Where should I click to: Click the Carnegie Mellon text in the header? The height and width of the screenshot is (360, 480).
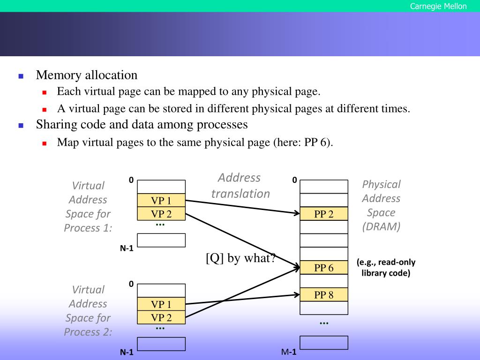438,6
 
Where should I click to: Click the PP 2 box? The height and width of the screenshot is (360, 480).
324,214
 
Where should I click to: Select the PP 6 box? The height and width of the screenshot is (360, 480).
324,268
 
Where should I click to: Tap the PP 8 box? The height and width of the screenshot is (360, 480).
324,295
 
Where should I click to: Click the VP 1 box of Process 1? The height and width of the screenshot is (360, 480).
161,201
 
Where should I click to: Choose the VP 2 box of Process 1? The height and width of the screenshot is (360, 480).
161,214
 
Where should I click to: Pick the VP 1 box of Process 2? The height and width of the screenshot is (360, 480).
161,304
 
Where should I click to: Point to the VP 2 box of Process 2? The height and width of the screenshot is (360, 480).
161,317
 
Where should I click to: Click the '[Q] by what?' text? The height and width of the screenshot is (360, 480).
240,258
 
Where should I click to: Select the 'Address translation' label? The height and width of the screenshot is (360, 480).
240,186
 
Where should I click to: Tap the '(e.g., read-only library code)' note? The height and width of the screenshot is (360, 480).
386,268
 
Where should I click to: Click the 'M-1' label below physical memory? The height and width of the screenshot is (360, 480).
289,352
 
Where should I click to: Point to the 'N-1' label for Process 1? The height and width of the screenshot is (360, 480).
127,248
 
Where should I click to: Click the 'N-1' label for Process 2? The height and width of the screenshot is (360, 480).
127,352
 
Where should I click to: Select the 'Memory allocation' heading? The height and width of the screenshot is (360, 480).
87,75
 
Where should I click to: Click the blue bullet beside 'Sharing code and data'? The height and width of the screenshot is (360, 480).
21,126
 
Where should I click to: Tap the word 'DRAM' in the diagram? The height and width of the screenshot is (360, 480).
382,227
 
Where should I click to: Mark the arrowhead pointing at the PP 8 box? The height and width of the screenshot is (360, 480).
297,295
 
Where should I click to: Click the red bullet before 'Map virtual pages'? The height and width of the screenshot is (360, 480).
45,143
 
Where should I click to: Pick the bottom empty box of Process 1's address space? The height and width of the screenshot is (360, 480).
161,240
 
